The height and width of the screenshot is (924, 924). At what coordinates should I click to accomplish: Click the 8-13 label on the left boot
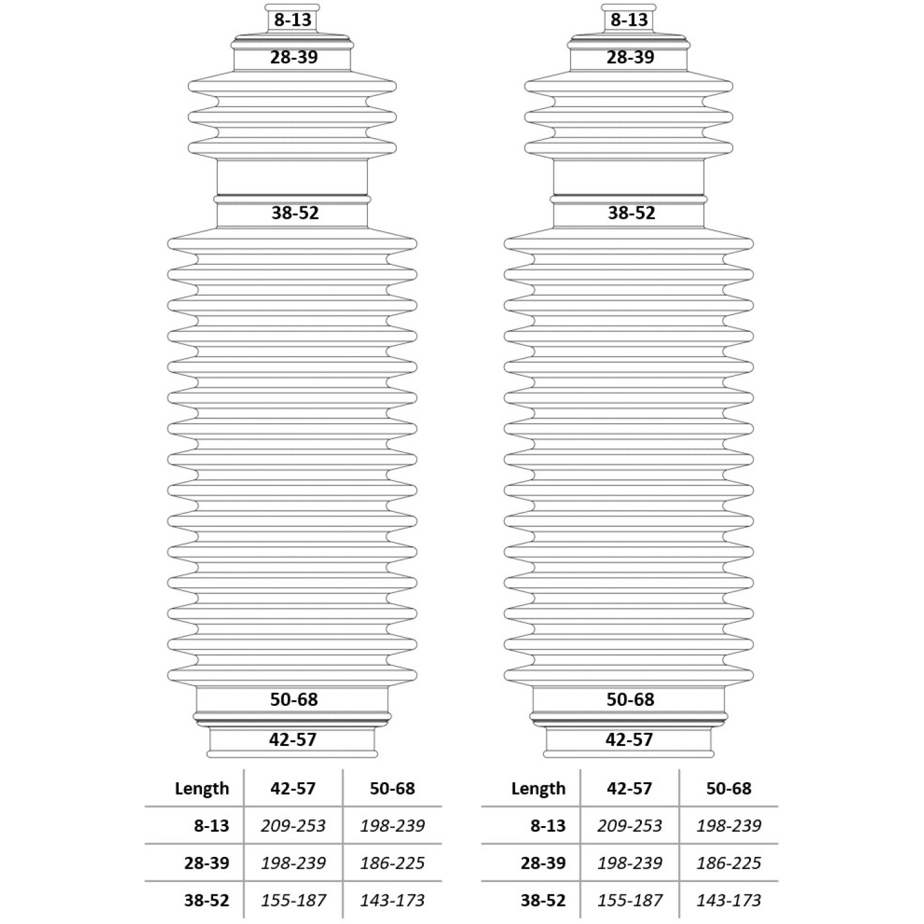pyautogui.click(x=293, y=20)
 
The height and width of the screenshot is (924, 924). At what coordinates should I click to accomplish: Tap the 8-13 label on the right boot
pyautogui.click(x=629, y=20)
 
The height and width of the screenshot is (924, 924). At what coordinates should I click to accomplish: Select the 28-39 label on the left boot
pyautogui.click(x=294, y=57)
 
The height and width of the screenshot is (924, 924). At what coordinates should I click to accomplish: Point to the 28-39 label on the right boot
pyautogui.click(x=630, y=57)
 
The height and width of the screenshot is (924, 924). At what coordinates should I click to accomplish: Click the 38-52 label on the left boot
pyautogui.click(x=295, y=213)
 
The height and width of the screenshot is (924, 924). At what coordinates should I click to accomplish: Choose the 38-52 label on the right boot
pyautogui.click(x=631, y=213)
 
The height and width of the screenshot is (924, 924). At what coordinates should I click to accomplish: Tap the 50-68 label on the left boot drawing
pyautogui.click(x=294, y=700)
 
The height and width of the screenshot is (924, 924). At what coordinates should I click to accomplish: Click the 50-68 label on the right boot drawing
pyautogui.click(x=630, y=700)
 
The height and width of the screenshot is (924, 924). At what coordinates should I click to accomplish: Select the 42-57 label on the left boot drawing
pyautogui.click(x=293, y=740)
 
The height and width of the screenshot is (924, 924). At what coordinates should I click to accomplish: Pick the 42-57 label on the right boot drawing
pyautogui.click(x=629, y=740)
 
